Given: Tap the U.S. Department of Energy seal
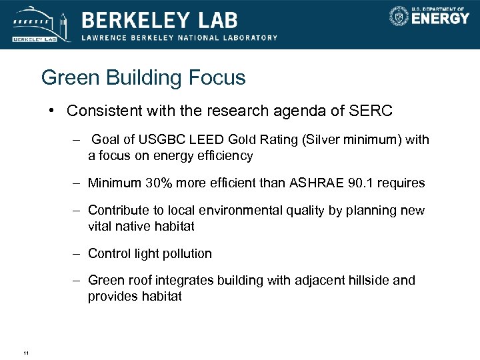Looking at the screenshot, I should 399,16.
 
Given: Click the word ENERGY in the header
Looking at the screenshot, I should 440,18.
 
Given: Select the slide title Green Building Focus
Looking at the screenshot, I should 143,78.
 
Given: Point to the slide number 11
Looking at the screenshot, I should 25,353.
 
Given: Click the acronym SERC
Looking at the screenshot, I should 371,111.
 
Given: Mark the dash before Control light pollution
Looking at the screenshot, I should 77,253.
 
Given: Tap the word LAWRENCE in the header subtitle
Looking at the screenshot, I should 103,37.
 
